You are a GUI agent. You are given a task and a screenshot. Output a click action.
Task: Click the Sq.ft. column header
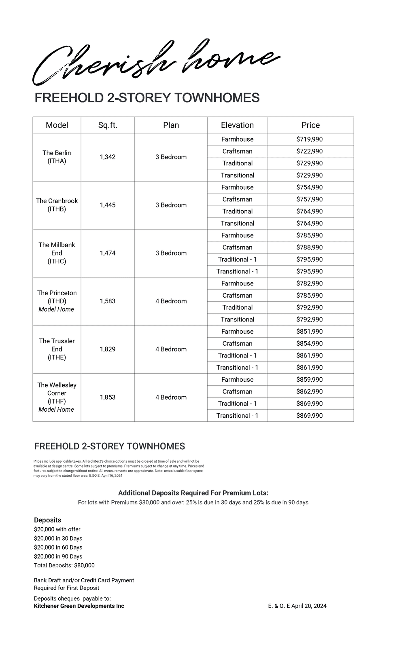pos(108,125)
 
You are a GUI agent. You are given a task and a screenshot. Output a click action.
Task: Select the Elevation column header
pos(237,125)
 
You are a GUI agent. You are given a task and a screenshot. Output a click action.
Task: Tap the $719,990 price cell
pos(310,139)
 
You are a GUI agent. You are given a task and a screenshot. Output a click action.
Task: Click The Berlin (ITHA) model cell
pos(57,157)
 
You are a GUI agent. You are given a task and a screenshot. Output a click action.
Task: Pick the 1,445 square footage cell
pos(108,205)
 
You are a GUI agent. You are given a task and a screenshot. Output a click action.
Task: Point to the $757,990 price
pos(310,199)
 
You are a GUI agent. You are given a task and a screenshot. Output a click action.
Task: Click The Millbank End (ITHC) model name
pos(57,253)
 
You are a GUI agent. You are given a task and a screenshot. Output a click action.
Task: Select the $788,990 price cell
pos(310,247)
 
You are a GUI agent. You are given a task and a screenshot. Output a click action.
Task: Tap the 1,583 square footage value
pos(108,301)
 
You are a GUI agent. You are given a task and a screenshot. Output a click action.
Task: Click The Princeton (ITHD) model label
pos(57,297)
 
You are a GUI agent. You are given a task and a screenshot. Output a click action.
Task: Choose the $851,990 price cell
pos(310,332)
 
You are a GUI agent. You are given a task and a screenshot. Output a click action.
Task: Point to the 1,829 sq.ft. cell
pos(108,349)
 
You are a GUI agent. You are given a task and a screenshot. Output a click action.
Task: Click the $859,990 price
pos(310,380)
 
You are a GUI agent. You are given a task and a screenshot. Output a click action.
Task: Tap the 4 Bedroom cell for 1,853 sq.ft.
pos(171,398)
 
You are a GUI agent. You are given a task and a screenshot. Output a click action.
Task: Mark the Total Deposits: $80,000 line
pos(64,565)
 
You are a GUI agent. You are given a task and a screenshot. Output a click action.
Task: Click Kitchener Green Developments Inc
pos(79,606)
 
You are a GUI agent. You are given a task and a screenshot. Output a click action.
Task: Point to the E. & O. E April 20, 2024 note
pos(297,606)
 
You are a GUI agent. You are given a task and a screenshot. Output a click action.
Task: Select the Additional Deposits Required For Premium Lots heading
pos(193,493)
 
